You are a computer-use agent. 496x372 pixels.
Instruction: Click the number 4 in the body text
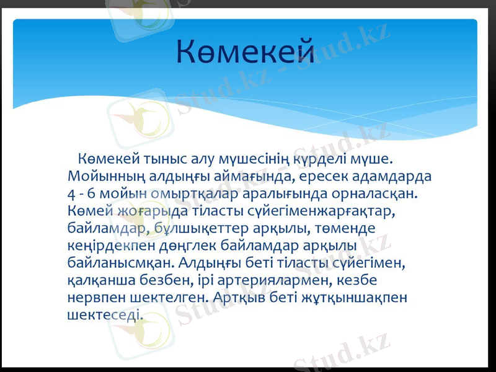tap(71, 193)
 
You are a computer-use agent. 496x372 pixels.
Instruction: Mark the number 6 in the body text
tap(92, 193)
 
